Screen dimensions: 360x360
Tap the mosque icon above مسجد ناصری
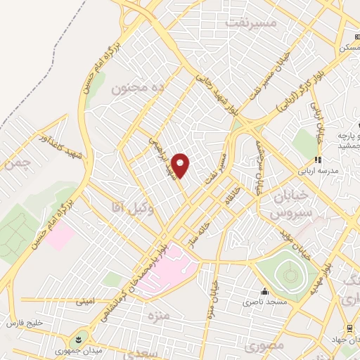click(x=265, y=292)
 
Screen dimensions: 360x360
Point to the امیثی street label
click(x=84, y=302)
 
